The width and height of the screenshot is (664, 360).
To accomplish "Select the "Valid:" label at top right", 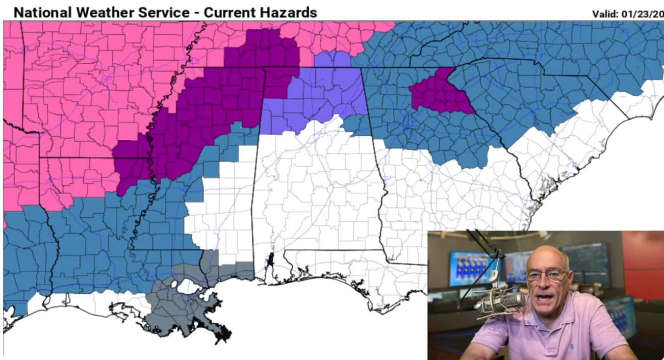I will pyautogui.click(x=605, y=14).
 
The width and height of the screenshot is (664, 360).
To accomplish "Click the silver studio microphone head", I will pyautogui.click(x=502, y=301).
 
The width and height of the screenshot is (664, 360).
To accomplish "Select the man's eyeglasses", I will pyautogui.click(x=547, y=275).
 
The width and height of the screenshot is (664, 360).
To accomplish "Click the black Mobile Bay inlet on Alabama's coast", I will pyautogui.click(x=271, y=259).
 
